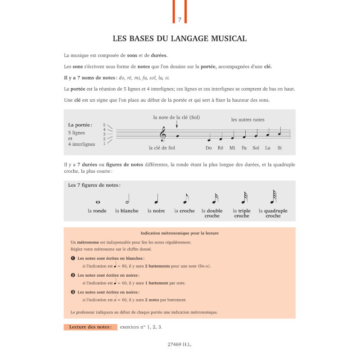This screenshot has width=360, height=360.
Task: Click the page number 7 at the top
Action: point(180,19)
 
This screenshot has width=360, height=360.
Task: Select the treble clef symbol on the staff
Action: point(163,134)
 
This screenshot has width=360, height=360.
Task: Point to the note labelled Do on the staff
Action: point(209,139)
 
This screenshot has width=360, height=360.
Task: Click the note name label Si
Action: point(279,148)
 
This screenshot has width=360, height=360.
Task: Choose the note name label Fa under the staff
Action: point(244,148)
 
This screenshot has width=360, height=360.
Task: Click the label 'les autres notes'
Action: point(248,120)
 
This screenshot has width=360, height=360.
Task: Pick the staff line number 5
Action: point(104,125)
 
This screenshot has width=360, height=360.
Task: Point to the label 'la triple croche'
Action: point(242,213)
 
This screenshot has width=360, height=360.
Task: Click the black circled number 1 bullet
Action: point(73,258)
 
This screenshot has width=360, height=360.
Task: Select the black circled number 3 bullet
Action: point(73,292)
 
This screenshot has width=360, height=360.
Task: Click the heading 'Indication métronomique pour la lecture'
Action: point(180,233)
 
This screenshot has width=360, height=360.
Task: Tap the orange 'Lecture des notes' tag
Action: point(90,327)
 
